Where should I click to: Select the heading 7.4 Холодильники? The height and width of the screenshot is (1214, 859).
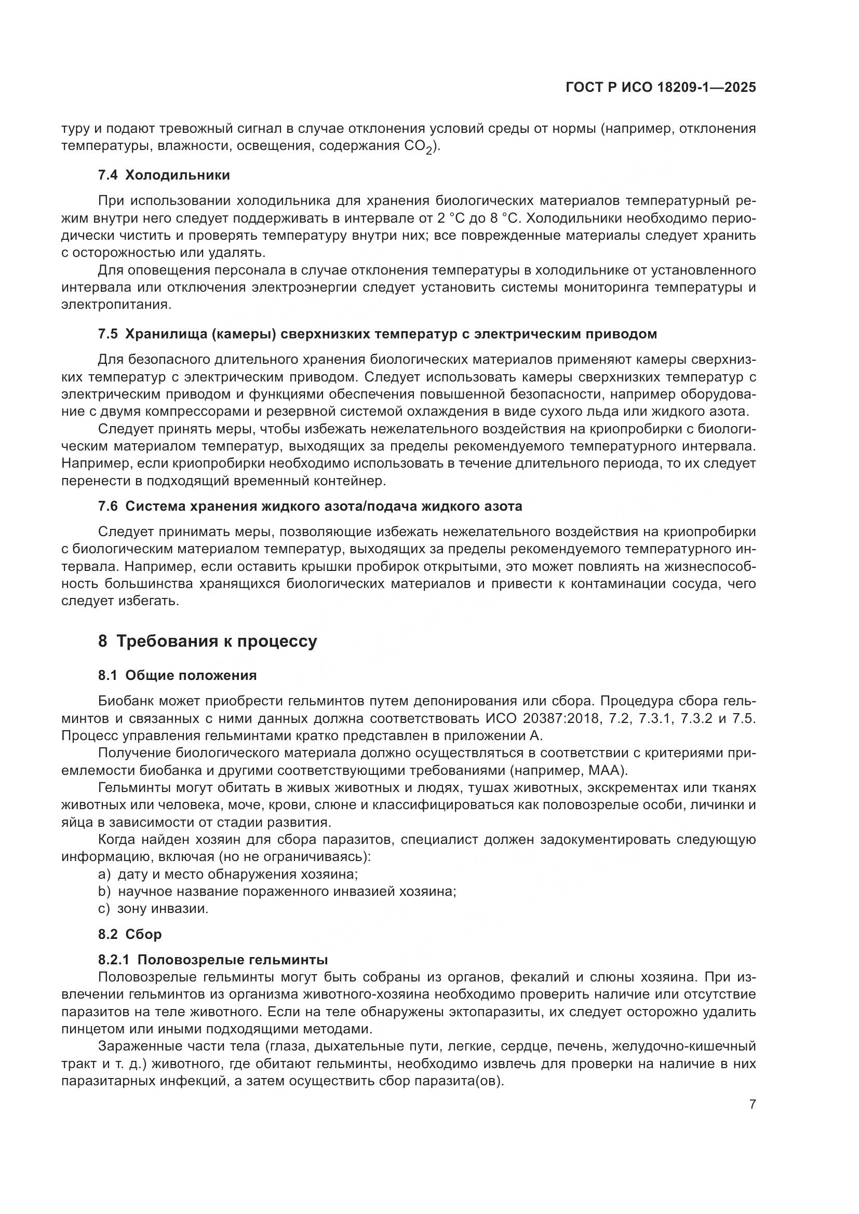tap(164, 175)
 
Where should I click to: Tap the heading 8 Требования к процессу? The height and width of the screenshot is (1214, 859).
tap(207, 642)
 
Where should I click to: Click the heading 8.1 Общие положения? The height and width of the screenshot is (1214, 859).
tap(177, 675)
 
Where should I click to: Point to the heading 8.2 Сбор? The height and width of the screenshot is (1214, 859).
tap(130, 934)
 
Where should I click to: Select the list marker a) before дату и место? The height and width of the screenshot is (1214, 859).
tap(104, 874)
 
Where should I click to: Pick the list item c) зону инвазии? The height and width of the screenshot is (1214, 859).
tap(153, 909)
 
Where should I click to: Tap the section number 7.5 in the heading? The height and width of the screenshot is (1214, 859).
tap(108, 334)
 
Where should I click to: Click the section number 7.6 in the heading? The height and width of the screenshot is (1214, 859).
tap(108, 506)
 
